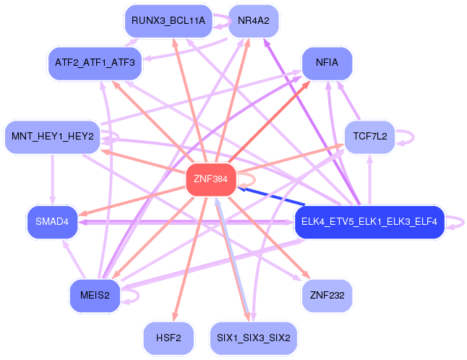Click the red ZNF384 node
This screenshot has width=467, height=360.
[211, 179]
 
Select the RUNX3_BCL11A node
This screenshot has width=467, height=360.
[168, 21]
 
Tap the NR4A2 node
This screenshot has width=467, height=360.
[254, 21]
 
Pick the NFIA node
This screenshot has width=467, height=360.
[327, 63]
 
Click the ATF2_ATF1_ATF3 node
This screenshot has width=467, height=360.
[95, 63]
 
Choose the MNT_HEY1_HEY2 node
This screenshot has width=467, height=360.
[53, 137]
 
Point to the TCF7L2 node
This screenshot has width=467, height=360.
[370, 137]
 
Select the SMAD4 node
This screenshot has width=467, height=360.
[53, 222]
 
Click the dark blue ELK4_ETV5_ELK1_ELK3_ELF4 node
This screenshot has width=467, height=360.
[369, 222]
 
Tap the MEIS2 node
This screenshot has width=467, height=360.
[95, 296]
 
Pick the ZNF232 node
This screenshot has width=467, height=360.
[327, 296]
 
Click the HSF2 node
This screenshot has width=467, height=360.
[168, 338]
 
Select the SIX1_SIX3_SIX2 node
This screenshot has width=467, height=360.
[254, 338]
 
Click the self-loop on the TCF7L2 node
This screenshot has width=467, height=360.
[414, 137]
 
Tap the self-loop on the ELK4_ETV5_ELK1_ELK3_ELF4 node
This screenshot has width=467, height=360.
[463, 223]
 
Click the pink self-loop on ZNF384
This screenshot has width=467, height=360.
[255, 179]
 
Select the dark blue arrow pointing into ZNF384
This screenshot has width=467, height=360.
[270, 196]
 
